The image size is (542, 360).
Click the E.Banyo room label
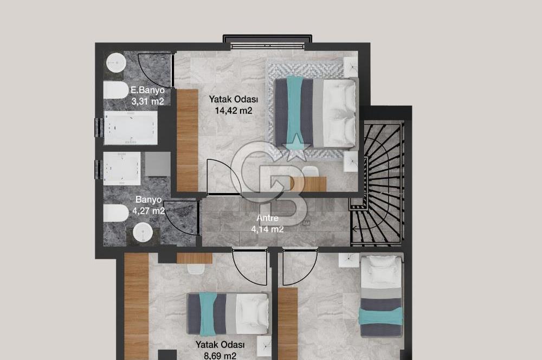(147, 90)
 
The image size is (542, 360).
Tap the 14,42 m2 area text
(233, 111)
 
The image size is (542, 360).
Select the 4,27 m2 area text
(149, 210)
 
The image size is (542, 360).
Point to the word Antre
(267, 218)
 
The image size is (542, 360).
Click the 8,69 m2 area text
(220, 356)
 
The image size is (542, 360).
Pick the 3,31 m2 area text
(147, 101)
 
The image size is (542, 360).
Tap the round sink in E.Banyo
(116, 63)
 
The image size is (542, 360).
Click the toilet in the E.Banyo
(116, 91)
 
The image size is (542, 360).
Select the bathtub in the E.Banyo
(131, 127)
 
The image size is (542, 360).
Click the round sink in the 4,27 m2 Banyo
(143, 233)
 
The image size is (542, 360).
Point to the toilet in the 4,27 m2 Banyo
(116, 213)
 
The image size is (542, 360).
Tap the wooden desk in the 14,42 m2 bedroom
(309, 184)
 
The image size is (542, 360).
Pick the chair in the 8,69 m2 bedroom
(195, 269)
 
